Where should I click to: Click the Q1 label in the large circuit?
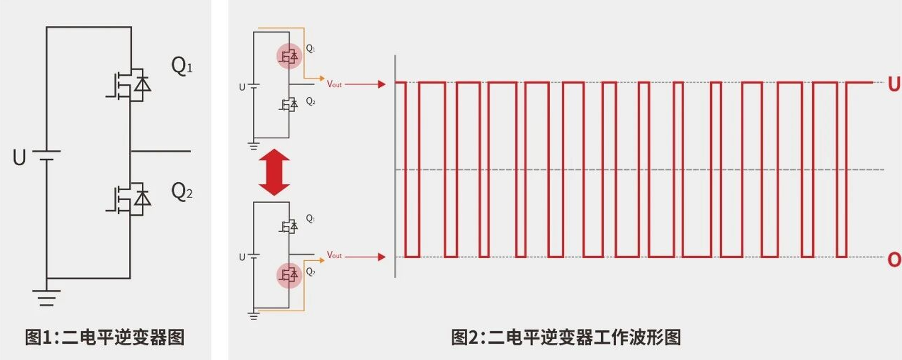(182, 66)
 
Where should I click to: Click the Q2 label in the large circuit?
(182, 191)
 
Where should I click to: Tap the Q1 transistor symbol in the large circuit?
(130, 85)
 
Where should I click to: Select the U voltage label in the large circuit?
(19, 157)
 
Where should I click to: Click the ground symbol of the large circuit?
(46, 297)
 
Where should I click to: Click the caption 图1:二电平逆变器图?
(105, 337)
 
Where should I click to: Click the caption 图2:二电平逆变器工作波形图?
(566, 337)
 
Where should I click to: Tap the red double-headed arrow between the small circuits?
(274, 172)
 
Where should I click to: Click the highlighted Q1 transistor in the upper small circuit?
(289, 56)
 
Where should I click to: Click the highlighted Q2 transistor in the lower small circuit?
(289, 275)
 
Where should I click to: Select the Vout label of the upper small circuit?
(334, 84)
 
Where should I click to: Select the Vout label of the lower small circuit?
(334, 255)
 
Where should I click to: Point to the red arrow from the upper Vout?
(365, 84)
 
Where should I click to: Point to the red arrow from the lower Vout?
(365, 257)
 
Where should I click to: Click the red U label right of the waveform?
(894, 84)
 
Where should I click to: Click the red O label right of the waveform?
(894, 259)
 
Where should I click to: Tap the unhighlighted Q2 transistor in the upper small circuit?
(289, 105)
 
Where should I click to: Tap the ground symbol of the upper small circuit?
(254, 145)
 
